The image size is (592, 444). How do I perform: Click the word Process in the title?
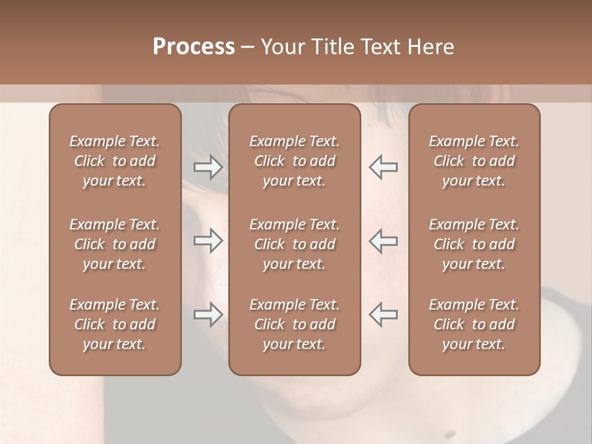point(194,47)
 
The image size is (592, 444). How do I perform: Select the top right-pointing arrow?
point(208,167)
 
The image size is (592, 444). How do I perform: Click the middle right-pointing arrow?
point(208,241)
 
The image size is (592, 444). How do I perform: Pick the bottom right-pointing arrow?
point(208,314)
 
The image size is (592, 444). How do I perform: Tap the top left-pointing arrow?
point(383,167)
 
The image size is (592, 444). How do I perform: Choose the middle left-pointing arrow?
point(383,241)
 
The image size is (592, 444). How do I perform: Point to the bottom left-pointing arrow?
point(383,314)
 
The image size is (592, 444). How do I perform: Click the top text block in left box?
point(115,161)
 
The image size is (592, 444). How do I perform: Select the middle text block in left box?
point(115,244)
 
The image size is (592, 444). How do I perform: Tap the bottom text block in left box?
point(115,324)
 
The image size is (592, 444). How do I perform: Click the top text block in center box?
point(294,161)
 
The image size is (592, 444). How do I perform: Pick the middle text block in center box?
point(294,244)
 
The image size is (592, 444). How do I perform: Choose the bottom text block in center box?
point(294,324)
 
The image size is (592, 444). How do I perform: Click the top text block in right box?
point(474,161)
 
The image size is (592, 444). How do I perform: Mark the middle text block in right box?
point(474,244)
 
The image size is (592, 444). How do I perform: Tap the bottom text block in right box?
point(474,324)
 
